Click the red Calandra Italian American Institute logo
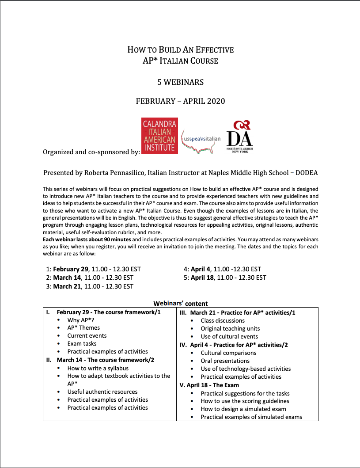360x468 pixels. tap(159, 136)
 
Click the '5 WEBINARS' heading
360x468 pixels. tap(180, 82)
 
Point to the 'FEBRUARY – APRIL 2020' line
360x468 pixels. tap(180, 101)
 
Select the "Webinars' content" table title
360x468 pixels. tap(180, 304)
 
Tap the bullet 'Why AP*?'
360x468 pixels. tap(80, 320)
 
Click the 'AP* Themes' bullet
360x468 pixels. tap(83, 328)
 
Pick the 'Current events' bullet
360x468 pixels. tap(87, 336)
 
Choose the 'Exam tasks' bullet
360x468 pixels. tap(82, 344)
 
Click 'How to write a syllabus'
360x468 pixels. tap(98, 368)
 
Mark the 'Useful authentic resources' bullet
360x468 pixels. tap(102, 392)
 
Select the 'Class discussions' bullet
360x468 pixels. tap(223, 320)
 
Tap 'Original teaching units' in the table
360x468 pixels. tap(230, 328)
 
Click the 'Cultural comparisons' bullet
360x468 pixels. tap(228, 353)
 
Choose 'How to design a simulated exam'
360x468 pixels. tap(243, 409)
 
